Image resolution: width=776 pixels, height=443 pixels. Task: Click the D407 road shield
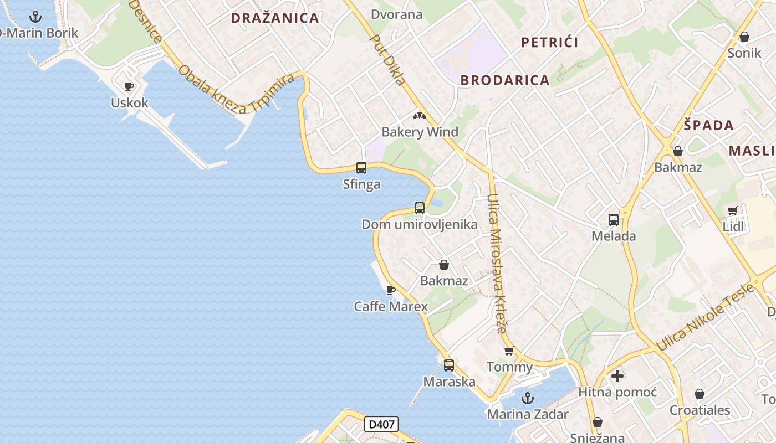pyautogui.click(x=381, y=425)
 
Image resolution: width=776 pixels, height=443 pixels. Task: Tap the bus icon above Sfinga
pyautogui.click(x=361, y=167)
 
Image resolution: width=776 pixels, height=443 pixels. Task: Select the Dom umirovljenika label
pyautogui.click(x=420, y=224)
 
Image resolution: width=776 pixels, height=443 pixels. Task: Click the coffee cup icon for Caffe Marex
pyautogui.click(x=391, y=290)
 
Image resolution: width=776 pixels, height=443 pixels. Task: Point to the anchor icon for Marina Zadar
pyautogui.click(x=528, y=398)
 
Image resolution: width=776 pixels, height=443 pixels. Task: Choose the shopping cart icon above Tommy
pyautogui.click(x=509, y=351)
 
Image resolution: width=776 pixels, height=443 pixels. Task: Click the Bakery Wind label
pyautogui.click(x=420, y=132)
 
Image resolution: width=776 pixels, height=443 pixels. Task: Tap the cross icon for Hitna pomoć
pyautogui.click(x=617, y=377)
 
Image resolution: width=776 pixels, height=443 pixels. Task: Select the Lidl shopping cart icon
pyautogui.click(x=733, y=210)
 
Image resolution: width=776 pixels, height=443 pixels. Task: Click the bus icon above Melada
pyautogui.click(x=614, y=220)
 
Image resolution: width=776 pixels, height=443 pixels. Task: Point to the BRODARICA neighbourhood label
pyautogui.click(x=505, y=80)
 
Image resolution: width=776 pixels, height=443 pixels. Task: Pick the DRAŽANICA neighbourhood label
pyautogui.click(x=275, y=18)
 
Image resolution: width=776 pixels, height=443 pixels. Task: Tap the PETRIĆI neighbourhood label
pyautogui.click(x=550, y=43)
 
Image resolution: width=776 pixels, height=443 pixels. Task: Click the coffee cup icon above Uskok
pyautogui.click(x=129, y=86)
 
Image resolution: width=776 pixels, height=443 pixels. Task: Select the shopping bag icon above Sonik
pyautogui.click(x=744, y=37)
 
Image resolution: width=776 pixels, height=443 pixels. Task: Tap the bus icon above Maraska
pyautogui.click(x=449, y=365)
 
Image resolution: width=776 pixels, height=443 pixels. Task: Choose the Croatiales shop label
pyautogui.click(x=700, y=410)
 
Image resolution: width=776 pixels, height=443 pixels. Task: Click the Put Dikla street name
pyautogui.click(x=388, y=61)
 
